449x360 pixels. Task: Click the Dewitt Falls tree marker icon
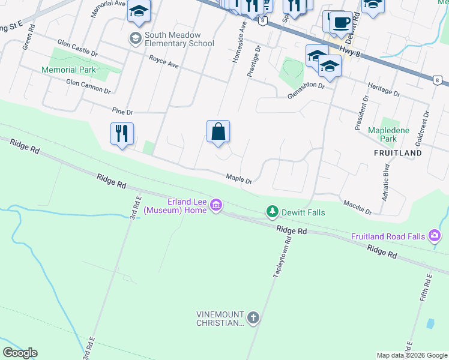tap(273, 211)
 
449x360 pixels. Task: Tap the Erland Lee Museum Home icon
tap(217, 207)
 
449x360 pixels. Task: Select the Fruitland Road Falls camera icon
tap(435, 236)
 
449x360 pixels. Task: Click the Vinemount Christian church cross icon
tap(253, 317)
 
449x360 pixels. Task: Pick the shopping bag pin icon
tap(218, 131)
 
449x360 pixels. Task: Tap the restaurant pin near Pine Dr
tap(122, 134)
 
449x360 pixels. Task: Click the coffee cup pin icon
tap(341, 22)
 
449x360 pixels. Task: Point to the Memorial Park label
tap(69, 70)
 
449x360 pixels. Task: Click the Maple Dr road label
tap(238, 178)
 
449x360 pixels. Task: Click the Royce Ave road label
tap(164, 62)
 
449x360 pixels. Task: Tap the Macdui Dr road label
tap(358, 208)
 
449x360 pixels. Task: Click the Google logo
tap(20, 352)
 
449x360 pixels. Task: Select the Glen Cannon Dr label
tap(88, 86)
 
